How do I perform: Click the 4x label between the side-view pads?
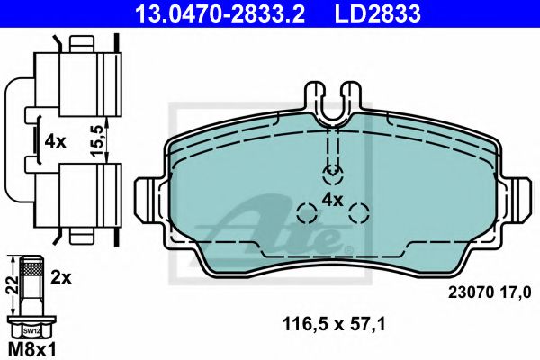click(56, 140)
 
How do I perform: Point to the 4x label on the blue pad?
click(333, 199)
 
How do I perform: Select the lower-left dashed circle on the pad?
click(307, 213)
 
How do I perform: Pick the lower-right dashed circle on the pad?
click(359, 213)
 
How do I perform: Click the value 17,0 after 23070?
click(508, 292)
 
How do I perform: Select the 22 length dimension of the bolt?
click(11, 283)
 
